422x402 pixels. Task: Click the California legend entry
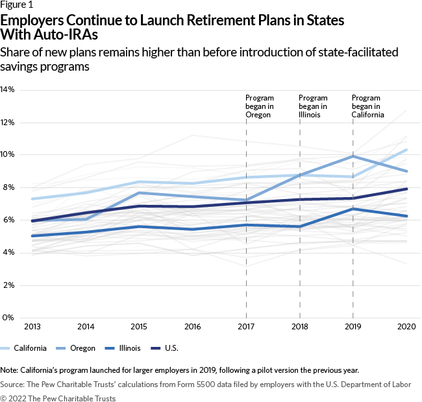click(x=24, y=348)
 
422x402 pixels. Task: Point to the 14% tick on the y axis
click(x=8, y=89)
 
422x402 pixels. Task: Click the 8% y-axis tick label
click(x=8, y=187)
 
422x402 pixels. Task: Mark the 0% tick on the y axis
click(x=8, y=318)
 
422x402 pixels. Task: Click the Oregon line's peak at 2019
click(x=353, y=156)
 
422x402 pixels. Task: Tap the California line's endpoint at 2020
click(x=406, y=150)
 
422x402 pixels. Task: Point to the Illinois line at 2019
click(x=353, y=209)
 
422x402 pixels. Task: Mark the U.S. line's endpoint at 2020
click(x=406, y=189)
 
